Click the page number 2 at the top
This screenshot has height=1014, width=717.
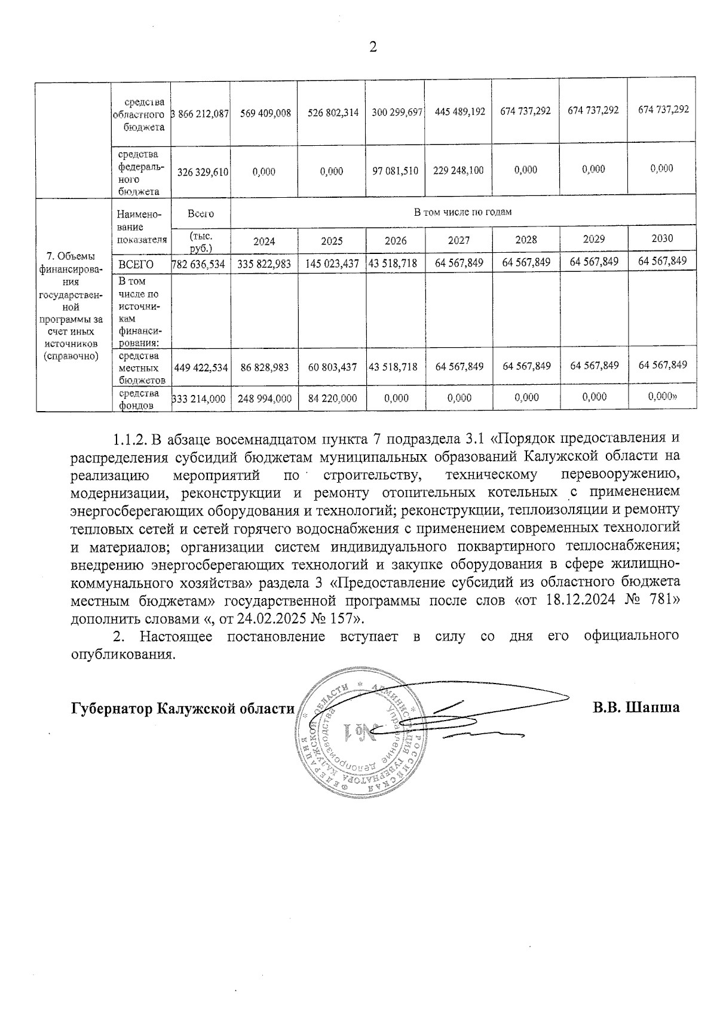pos(373,47)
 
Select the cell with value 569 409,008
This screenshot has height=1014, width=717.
pos(264,112)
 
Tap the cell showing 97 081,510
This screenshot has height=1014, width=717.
pos(395,171)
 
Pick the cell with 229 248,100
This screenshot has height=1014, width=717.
pos(458,171)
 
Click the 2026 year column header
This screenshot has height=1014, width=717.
pos(395,240)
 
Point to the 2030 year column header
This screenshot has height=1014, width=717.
pos(661,238)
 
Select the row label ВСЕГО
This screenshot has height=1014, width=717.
pos(136,264)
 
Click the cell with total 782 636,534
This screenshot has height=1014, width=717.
pos(200,264)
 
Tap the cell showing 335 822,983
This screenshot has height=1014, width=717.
pos(264,264)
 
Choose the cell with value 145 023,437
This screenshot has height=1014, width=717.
pos(332,264)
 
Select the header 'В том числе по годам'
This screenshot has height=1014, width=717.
pos(462,212)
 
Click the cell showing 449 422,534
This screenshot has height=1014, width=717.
pos(201,367)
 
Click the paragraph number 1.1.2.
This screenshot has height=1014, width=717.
pos(130,440)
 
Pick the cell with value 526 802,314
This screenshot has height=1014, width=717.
pos(332,112)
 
